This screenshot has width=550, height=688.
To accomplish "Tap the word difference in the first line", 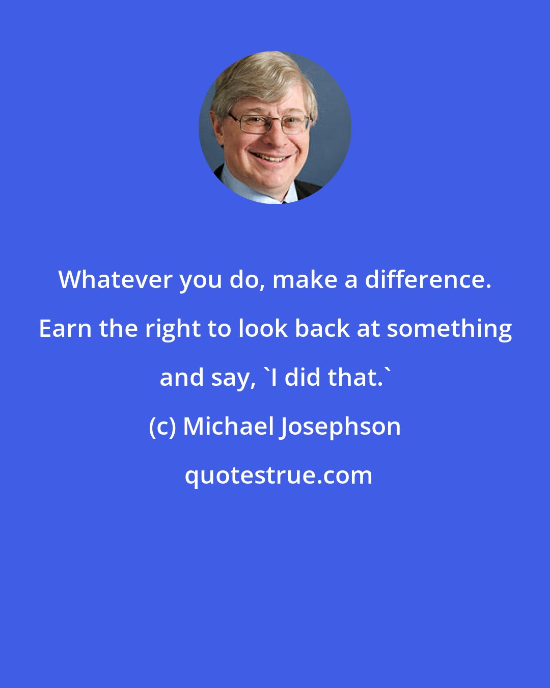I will [428, 280].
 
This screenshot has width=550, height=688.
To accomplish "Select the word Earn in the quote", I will [65, 329].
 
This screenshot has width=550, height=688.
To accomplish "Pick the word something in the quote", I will [449, 329].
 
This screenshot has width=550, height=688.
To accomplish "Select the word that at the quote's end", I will [356, 378].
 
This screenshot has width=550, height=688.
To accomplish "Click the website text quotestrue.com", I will [278, 475].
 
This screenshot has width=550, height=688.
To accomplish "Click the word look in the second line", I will [264, 329].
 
